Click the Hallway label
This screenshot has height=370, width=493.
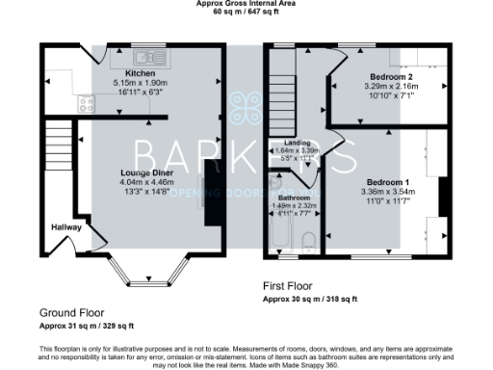pos(65,226)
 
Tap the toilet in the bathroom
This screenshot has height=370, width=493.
pos(306,242)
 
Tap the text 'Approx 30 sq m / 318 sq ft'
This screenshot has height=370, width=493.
pos(310,300)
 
